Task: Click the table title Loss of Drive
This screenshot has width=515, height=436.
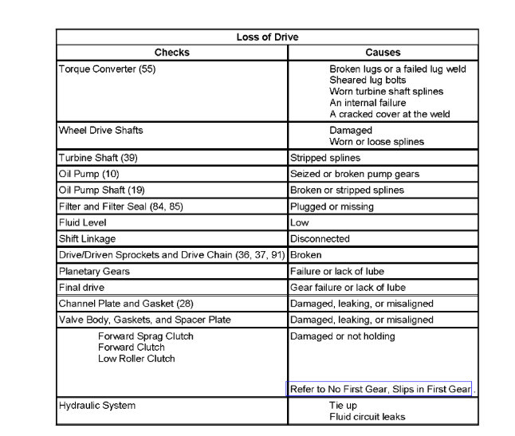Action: (267, 37)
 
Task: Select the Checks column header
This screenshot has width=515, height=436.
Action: (171, 53)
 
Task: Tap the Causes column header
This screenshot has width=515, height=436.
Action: (383, 53)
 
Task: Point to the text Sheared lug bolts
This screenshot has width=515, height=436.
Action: (368, 81)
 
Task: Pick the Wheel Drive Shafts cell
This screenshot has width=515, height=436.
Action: (100, 130)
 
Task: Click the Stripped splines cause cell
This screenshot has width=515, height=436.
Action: (325, 158)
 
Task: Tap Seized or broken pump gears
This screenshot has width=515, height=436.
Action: (355, 174)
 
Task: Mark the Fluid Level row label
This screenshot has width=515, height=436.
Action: (82, 222)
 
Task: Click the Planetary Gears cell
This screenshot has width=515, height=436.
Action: (94, 271)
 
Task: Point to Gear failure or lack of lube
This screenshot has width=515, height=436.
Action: (348, 287)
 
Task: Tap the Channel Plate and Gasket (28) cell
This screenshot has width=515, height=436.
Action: (126, 304)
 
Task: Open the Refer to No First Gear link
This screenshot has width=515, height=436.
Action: (380, 389)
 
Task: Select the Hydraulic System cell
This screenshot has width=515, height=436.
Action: (96, 406)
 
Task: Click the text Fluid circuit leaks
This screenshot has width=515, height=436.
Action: (367, 417)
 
